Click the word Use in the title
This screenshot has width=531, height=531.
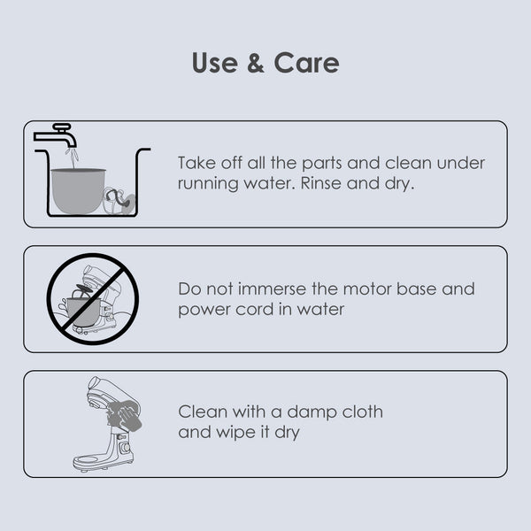[x=215, y=63]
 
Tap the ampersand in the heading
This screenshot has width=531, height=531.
[x=256, y=63]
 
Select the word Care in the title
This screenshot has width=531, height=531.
[x=306, y=63]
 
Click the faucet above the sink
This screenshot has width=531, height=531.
[x=56, y=135]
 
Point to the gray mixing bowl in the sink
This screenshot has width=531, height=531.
[x=78, y=190]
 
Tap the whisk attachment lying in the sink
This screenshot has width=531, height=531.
[x=119, y=201]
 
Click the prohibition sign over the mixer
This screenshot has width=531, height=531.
[x=92, y=299]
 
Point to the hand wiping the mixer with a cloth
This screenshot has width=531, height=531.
[x=124, y=416]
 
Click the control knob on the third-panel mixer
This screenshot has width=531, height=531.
[x=126, y=448]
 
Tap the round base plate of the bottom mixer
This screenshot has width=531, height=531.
[x=88, y=461]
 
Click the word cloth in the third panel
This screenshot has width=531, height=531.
[x=362, y=412]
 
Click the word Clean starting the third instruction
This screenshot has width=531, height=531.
[x=203, y=412]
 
